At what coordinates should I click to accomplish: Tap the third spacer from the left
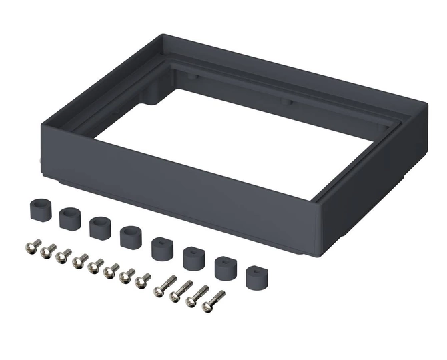99,227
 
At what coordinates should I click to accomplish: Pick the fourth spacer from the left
129,237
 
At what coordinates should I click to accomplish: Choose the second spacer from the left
69,218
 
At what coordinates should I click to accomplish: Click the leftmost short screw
33,247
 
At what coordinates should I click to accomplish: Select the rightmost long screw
214,301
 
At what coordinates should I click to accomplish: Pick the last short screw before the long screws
143,281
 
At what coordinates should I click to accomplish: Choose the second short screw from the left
49,251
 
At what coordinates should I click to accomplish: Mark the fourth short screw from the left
80,261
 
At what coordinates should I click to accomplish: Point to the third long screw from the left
197,296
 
